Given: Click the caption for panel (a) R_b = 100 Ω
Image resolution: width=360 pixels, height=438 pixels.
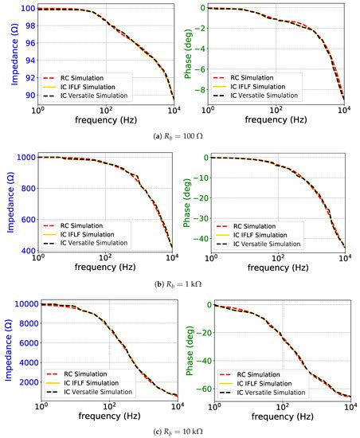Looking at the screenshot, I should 180,137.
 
